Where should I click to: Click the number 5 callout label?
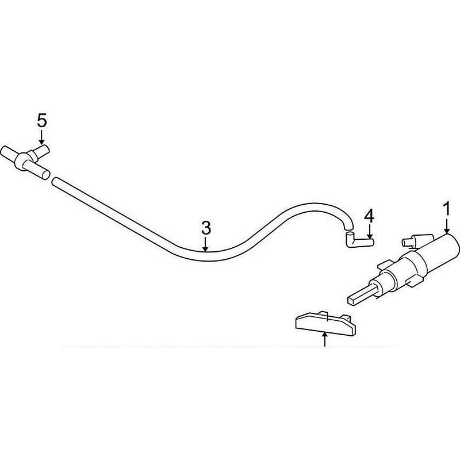(42, 121)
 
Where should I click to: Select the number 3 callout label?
(206, 228)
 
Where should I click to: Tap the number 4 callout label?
(369, 216)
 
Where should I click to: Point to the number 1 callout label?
(446, 209)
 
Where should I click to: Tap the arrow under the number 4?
(370, 232)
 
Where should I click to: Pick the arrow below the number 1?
(447, 225)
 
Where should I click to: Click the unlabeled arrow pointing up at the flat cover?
(324, 339)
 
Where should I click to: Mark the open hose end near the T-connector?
(54, 181)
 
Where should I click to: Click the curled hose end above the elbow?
(348, 226)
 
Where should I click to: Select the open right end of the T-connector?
(46, 175)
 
